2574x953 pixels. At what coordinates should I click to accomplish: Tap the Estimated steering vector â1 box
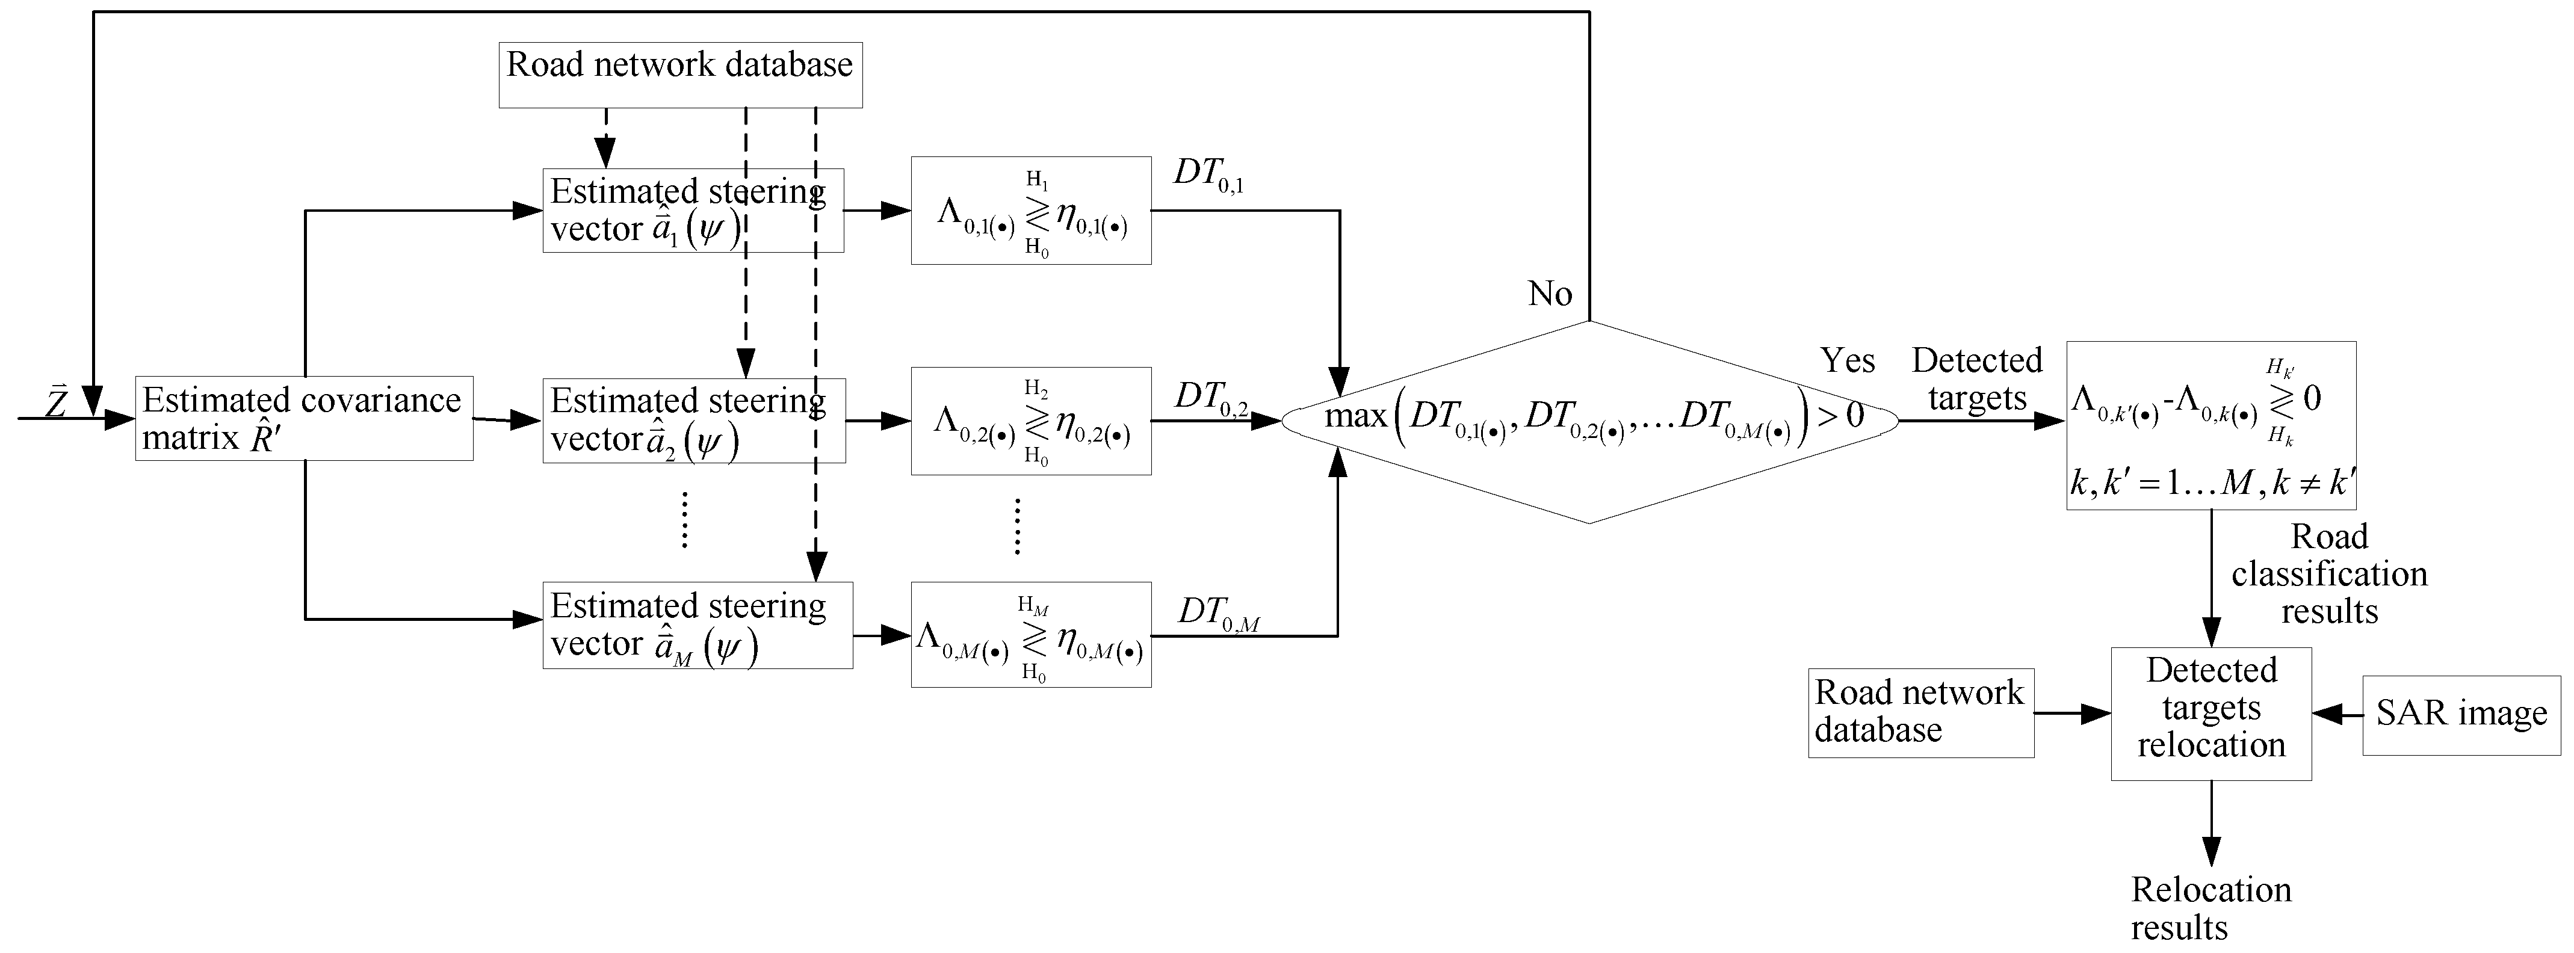693,210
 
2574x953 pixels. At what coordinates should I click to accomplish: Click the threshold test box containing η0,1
1030,211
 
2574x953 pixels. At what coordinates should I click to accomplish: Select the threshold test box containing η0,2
1030,421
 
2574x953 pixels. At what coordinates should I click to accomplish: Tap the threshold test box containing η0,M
1030,634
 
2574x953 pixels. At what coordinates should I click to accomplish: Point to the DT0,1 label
1208,175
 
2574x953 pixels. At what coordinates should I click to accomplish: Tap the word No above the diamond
1550,294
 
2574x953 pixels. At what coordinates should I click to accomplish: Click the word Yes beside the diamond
1846,360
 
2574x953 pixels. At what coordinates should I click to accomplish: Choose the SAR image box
2460,714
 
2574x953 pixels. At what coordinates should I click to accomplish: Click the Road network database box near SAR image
1919,712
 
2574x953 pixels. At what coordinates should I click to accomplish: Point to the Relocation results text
2210,908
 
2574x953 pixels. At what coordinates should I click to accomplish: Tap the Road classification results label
2328,575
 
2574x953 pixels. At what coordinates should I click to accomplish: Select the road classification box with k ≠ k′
2210,425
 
